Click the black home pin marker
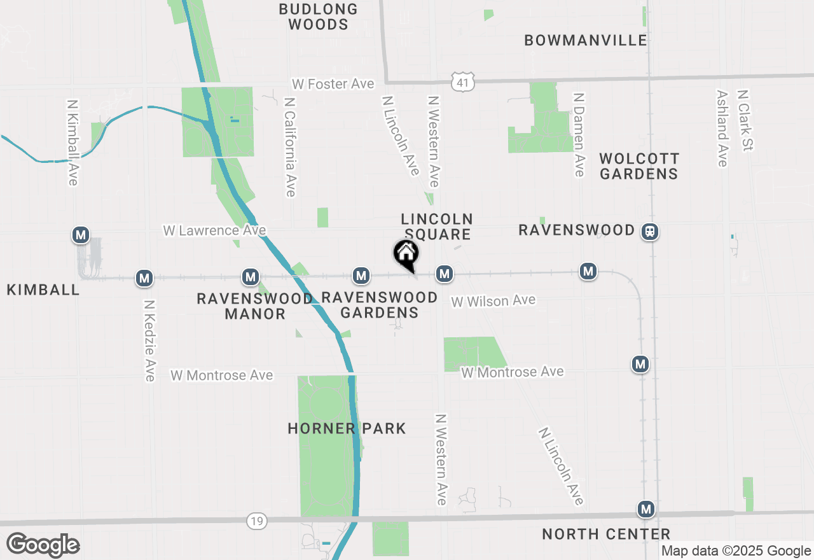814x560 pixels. [x=406, y=254]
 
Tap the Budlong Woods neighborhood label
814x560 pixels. [x=318, y=17]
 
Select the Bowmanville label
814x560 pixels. [x=586, y=40]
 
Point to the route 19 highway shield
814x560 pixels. [x=256, y=521]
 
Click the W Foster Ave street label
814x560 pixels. [x=333, y=84]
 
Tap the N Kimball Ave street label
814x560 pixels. [x=72, y=142]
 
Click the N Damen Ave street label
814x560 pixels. [x=579, y=134]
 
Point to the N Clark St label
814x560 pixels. [x=745, y=120]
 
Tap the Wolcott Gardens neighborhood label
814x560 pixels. [x=639, y=165]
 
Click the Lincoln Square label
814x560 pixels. [x=437, y=227]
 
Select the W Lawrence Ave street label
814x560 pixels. [x=214, y=230]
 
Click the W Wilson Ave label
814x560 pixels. [x=493, y=300]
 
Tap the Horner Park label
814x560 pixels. [x=347, y=428]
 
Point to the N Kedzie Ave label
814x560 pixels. [x=149, y=341]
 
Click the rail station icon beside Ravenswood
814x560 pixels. [x=650, y=231]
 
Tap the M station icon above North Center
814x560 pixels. [x=646, y=509]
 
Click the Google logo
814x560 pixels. [x=43, y=545]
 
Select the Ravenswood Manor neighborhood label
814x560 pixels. [x=255, y=306]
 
